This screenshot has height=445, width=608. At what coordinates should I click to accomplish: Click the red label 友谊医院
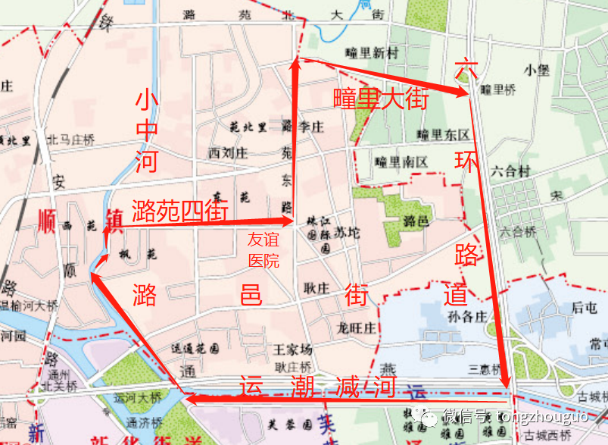pyautogui.click(x=263, y=250)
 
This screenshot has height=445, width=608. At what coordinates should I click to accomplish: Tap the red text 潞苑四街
pyautogui.click(x=180, y=210)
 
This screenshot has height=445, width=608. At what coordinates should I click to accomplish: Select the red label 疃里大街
pyautogui.click(x=382, y=99)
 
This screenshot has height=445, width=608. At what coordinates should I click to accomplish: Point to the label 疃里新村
pyautogui.click(x=370, y=53)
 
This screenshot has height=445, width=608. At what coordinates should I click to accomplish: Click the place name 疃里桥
pyautogui.click(x=498, y=90)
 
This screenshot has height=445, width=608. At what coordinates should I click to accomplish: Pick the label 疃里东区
pyautogui.click(x=443, y=135)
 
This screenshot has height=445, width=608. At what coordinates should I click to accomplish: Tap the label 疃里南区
pyautogui.click(x=402, y=161)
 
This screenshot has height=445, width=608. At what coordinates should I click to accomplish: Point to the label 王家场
pyautogui.click(x=292, y=349)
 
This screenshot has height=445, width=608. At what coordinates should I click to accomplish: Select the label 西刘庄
pyautogui.click(x=228, y=152)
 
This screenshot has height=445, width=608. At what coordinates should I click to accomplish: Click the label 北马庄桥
pyautogui.click(x=70, y=139)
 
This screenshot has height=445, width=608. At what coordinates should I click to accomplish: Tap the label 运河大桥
pyautogui.click(x=137, y=396)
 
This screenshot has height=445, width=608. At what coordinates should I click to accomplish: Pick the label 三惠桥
pyautogui.click(x=485, y=369)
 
